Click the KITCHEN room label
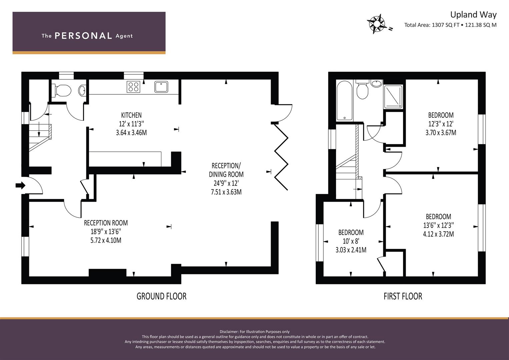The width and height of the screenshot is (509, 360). [131, 115]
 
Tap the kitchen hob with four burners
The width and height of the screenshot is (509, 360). [133, 87]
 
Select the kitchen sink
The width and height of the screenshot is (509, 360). [161, 87]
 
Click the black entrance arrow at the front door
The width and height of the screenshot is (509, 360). [20, 185]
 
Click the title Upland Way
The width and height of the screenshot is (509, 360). [473, 15]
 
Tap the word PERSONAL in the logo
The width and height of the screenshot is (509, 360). [83, 36]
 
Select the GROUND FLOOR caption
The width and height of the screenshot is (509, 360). [162, 296]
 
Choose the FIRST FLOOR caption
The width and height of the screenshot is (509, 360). [403, 296]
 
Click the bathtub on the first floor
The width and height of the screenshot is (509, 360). [344, 100]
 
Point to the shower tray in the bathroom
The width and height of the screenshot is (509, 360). [393, 97]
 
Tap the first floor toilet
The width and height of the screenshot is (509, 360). [362, 90]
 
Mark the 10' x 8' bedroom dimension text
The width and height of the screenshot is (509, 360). [351, 241]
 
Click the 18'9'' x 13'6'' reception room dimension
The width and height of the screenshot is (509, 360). [106, 232]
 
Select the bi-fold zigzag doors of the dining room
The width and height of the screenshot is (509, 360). [281, 157]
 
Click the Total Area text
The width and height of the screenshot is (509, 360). [450, 25]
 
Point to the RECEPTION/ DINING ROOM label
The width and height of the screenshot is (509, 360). [226, 170]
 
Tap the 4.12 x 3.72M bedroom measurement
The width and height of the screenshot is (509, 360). [438, 234]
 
